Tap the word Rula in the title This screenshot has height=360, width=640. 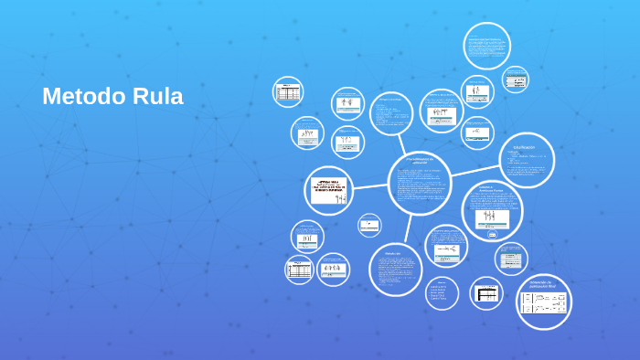click(x=156, y=96)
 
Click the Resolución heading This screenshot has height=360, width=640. click(x=393, y=253)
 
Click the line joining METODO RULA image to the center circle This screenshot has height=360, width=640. click(x=370, y=186)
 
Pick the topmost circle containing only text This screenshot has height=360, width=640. click(x=486, y=45)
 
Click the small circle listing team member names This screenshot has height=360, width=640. click(x=442, y=292)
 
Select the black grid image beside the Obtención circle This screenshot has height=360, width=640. click(x=486, y=293)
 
